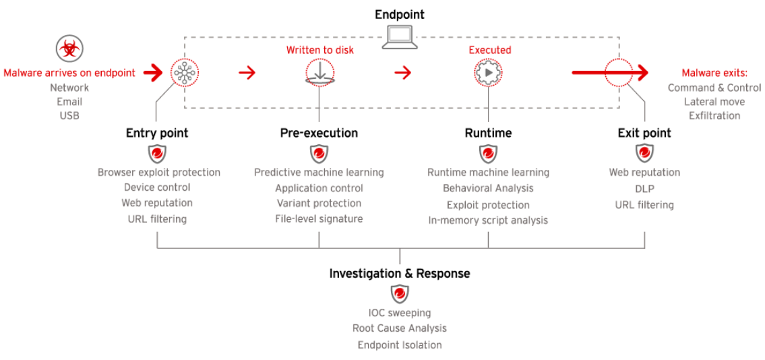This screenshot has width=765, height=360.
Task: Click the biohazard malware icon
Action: [70, 49]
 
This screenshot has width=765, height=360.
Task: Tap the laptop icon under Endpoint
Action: [400, 37]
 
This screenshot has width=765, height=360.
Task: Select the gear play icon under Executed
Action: [488, 73]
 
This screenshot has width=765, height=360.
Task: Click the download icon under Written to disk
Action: [320, 73]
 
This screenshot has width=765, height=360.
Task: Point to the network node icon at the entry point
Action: [185, 73]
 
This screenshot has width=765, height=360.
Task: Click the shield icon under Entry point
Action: [156, 154]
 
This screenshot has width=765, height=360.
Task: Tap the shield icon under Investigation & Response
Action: [400, 294]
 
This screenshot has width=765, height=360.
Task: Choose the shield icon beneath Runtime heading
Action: [489, 154]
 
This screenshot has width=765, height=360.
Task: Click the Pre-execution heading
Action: [319, 133]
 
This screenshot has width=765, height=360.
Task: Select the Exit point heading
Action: [644, 133]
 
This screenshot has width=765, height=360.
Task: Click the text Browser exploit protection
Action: [159, 172]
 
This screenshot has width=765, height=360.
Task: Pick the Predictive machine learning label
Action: [319, 172]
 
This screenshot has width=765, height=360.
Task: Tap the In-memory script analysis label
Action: [489, 220]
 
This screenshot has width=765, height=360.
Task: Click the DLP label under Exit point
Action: [644, 188]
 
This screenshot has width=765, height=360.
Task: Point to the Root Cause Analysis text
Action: [400, 328]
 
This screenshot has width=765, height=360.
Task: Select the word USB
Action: [69, 115]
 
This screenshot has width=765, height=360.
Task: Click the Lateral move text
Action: [714, 102]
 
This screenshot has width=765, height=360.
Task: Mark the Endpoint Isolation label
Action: [400, 345]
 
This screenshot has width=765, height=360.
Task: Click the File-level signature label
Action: [319, 219]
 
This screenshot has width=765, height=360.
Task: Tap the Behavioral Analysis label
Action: [489, 188]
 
